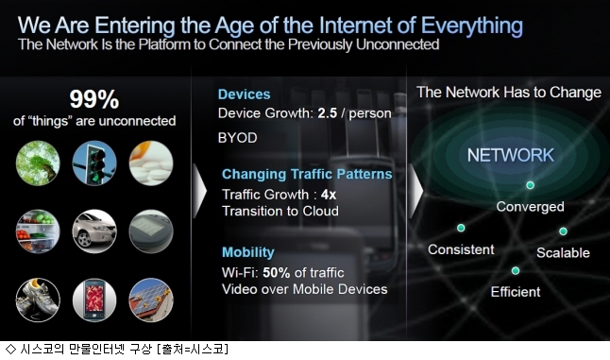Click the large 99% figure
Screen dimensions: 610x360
coord(94,99)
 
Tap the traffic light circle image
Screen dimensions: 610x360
coord(94,163)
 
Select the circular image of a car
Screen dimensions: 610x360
coord(94,231)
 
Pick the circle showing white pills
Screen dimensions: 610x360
coord(151,163)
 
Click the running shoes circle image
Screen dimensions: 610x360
coord(38,300)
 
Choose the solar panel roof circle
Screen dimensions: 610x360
coord(151,300)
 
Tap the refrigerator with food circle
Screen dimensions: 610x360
coord(38,231)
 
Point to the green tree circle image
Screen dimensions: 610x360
coord(38,163)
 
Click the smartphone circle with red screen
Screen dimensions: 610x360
coord(94,300)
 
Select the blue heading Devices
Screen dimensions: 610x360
coord(244,94)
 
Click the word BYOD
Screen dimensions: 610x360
coord(237,138)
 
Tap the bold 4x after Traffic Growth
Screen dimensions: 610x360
coord(329,195)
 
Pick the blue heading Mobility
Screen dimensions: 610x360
coord(247,252)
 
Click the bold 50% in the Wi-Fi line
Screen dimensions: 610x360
coord(277,272)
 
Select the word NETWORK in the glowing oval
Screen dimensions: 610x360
coord(511,155)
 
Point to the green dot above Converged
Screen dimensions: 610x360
coord(530,185)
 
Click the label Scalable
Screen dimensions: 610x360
coord(563,253)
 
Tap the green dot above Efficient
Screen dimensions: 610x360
coord(516,270)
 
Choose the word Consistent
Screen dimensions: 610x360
coord(461,249)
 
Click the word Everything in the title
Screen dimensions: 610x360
coord(472,26)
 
